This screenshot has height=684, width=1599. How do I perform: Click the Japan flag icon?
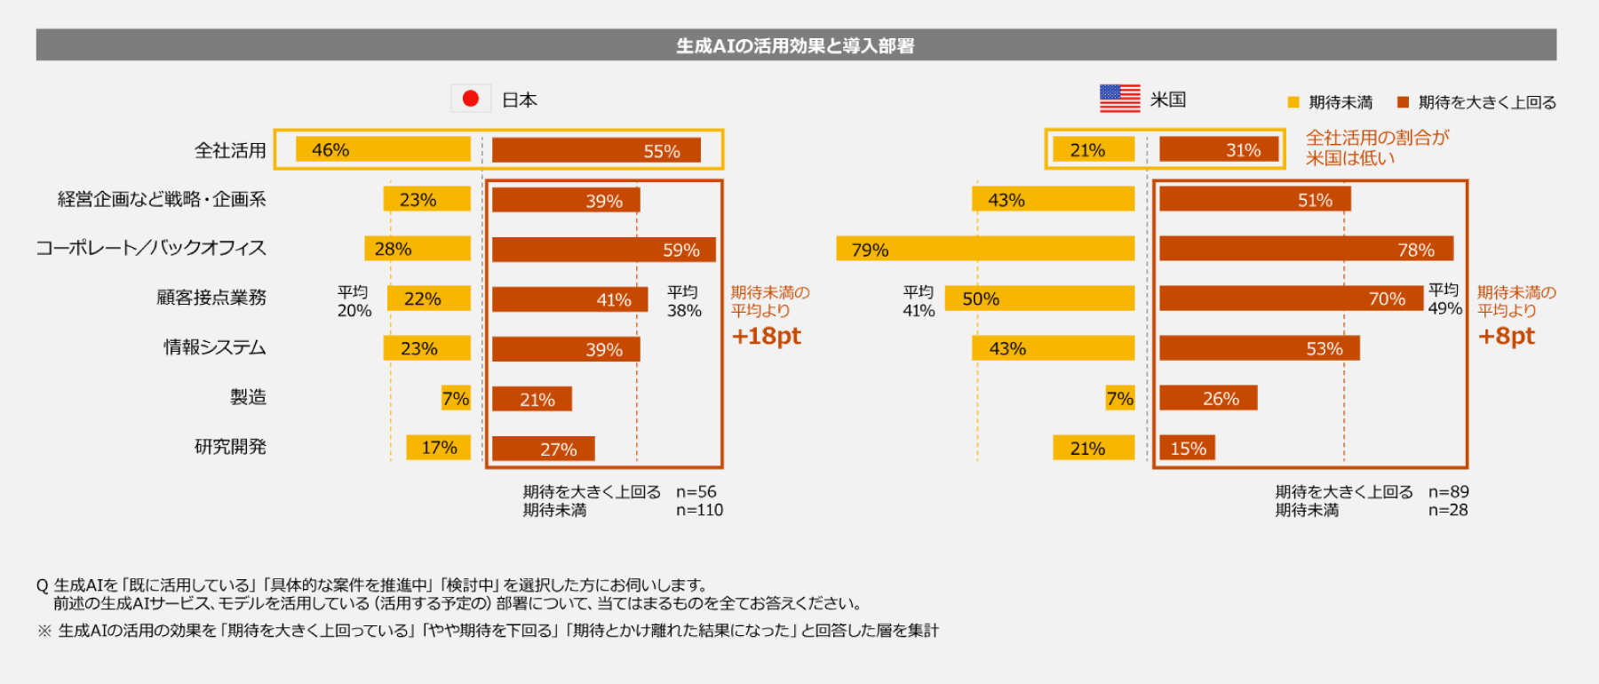click(x=471, y=99)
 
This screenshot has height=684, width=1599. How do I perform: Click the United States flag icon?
click(x=1119, y=99)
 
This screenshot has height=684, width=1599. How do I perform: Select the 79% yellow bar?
click(x=985, y=249)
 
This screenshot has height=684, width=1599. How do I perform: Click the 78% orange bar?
click(x=1307, y=249)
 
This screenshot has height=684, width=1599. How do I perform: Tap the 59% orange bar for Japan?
click(x=604, y=250)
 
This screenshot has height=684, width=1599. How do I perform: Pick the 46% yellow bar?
click(x=383, y=149)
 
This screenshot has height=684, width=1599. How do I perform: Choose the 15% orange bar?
click(x=1187, y=448)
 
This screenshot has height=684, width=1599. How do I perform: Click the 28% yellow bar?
click(x=418, y=249)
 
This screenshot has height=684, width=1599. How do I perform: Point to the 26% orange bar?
click(x=1208, y=398)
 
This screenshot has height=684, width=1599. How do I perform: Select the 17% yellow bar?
click(x=439, y=448)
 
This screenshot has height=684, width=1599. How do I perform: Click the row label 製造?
click(x=248, y=397)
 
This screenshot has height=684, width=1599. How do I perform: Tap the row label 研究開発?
click(x=230, y=447)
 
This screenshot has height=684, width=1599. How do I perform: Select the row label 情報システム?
click(x=215, y=347)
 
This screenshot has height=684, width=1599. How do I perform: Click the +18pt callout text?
click(x=766, y=336)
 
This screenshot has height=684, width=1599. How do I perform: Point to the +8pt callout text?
click(x=1506, y=336)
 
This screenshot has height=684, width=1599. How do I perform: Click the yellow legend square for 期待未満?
click(x=1293, y=102)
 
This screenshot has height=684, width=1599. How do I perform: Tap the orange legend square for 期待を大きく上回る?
click(x=1404, y=102)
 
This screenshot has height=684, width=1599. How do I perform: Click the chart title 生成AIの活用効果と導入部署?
click(x=795, y=45)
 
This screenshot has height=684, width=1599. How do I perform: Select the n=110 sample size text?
click(x=700, y=510)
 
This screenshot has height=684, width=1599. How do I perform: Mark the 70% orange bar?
click(x=1292, y=298)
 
